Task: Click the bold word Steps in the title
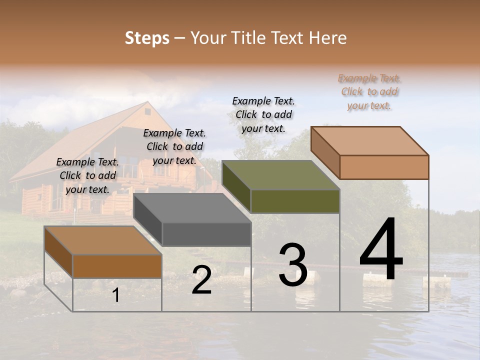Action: click(x=147, y=38)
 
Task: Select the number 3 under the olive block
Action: click(x=292, y=265)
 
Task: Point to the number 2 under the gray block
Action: click(x=201, y=280)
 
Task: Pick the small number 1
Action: click(x=116, y=295)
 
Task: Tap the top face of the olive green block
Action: click(x=280, y=175)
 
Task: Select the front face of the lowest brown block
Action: click(x=117, y=266)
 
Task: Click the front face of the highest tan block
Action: click(x=384, y=167)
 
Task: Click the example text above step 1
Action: click(x=87, y=175)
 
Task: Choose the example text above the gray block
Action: click(x=174, y=146)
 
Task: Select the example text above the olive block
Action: click(x=263, y=114)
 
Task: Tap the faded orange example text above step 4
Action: click(x=369, y=91)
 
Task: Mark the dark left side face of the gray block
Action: click(x=148, y=220)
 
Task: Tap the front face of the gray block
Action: click(x=206, y=234)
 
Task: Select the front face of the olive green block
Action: click(x=295, y=201)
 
